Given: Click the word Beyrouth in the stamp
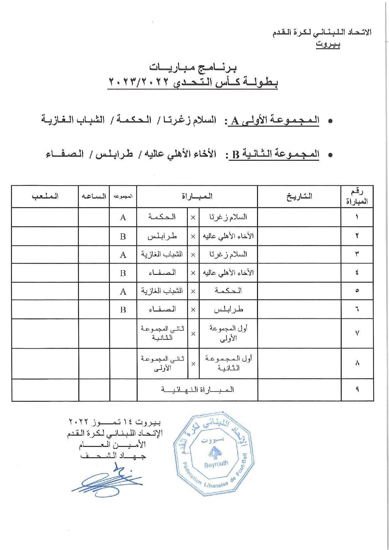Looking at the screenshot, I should pos(216,464).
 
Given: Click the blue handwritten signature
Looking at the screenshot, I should pos(106,479).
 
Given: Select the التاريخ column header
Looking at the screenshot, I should pos(299,196).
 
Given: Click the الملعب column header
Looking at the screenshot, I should pos(45,196).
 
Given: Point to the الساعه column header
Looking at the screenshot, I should pos(94,196).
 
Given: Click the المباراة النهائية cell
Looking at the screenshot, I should pos(197,390).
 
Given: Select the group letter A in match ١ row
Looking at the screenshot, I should pos(123,217).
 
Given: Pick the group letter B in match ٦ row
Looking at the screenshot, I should pos(123,310).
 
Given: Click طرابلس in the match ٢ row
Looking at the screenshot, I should pos(162,236).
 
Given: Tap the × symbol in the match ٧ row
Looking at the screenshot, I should pos(193,334).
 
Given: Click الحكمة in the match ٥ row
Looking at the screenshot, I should pos(228,291).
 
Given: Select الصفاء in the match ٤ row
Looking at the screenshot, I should pos(162,273).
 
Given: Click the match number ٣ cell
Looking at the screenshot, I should pos(357,254).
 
